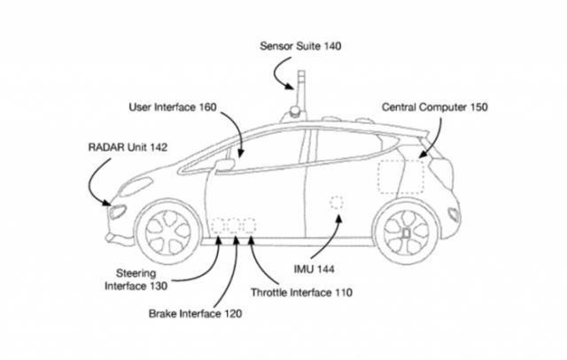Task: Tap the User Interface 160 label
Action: coord(173,108)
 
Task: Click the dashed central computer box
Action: coord(400,176)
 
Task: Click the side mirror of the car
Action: coord(225,163)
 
